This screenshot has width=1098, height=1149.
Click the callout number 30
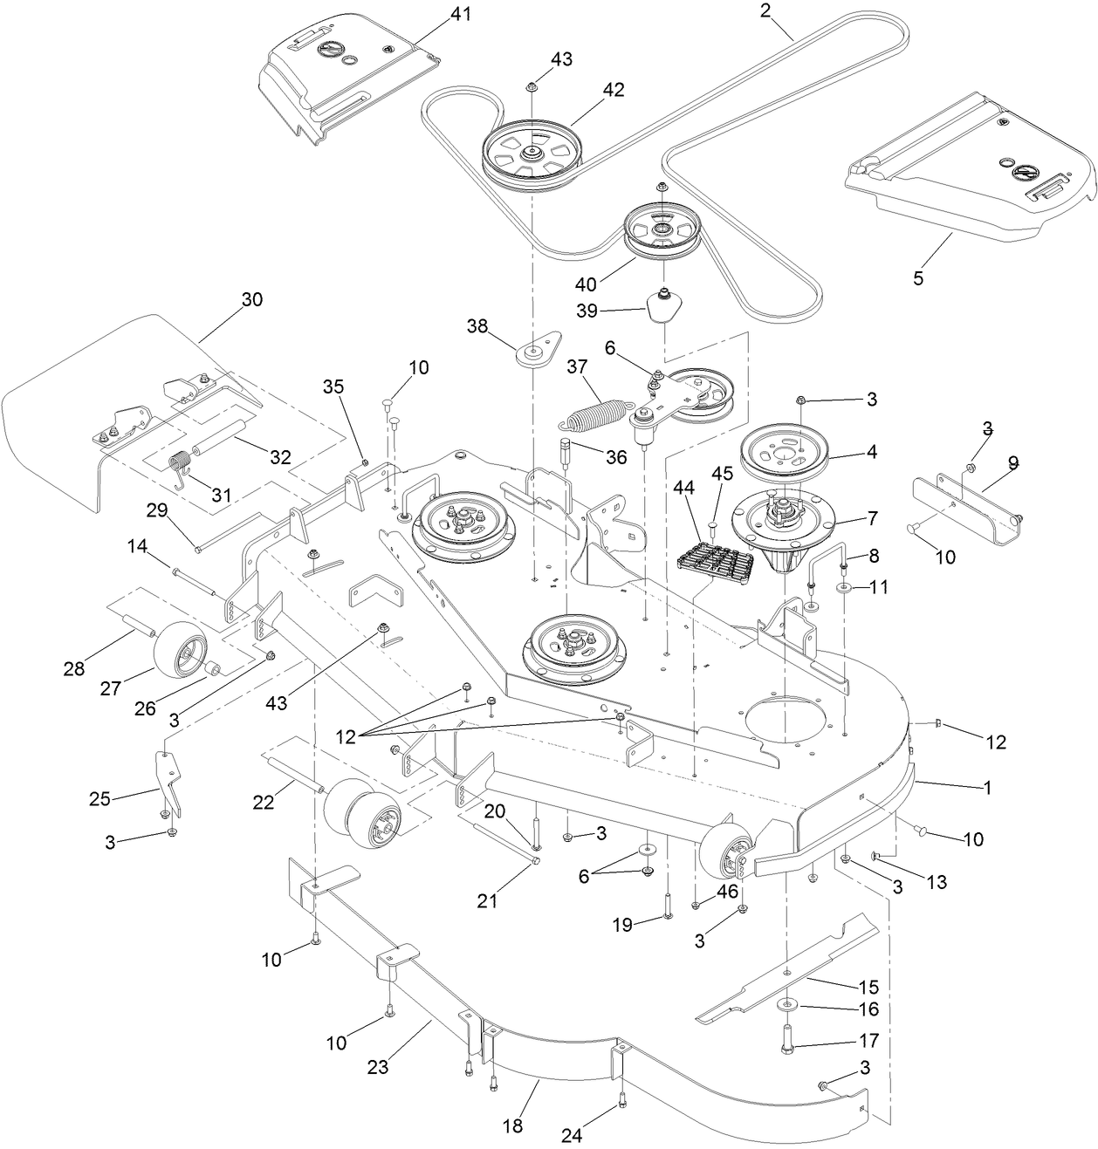tap(251, 299)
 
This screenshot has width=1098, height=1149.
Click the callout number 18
tap(512, 1126)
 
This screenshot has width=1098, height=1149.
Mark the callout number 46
tap(726, 891)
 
